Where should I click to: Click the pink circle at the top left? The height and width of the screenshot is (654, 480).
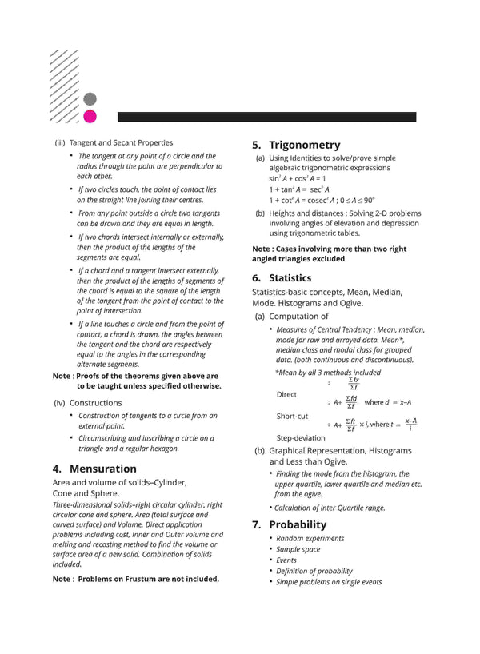pos(90,117)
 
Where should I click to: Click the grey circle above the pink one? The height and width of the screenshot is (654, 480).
pos(90,99)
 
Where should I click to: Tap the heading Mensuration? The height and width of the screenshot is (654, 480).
pos(103,469)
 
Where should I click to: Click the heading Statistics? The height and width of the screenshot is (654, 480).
pos(290,278)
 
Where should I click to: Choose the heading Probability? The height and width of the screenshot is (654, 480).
pos(298,524)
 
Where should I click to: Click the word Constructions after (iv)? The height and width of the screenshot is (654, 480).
pos(96,403)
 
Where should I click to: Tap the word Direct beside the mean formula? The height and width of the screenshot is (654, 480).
pos(286,394)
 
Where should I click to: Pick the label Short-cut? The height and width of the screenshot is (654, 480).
pos(292,417)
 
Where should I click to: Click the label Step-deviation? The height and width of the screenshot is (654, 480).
pos(301,438)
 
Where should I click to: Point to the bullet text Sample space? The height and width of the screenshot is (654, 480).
pos(298,549)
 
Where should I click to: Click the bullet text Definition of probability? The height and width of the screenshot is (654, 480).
pos(314,571)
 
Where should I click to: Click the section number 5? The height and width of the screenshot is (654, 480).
pos(256,145)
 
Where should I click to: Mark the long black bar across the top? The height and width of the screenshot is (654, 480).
pos(266,117)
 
